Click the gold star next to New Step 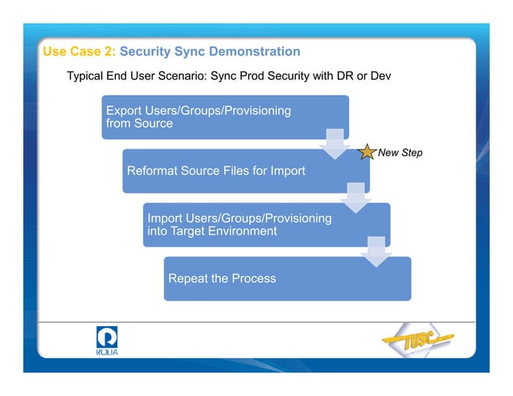click(x=365, y=152)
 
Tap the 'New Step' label click(x=400, y=153)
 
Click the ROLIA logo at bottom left click(x=106, y=340)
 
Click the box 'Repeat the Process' click(x=287, y=279)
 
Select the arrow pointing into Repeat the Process click(x=376, y=251)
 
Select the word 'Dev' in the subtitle click(x=377, y=76)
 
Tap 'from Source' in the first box click(x=139, y=124)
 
